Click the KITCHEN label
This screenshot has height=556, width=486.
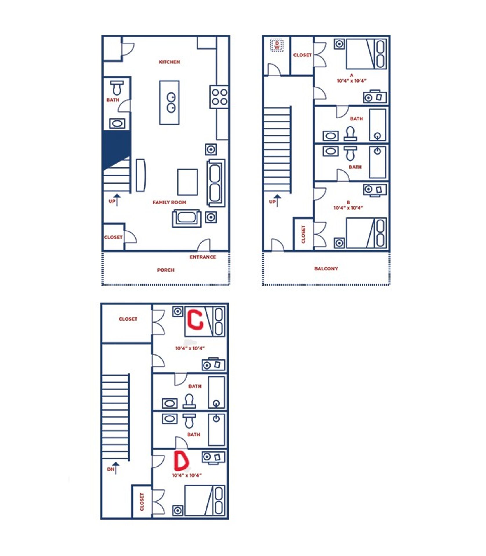[x=169, y=62]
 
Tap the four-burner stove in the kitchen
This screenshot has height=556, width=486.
[x=219, y=97]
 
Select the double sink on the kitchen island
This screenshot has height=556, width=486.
[x=171, y=103]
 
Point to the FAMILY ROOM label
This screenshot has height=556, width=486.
[x=169, y=202]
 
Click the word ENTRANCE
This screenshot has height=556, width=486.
[x=203, y=257]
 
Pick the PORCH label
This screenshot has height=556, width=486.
[x=166, y=270]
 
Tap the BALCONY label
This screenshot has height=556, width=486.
[x=326, y=269]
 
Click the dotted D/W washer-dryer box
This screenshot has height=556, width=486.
[x=277, y=45]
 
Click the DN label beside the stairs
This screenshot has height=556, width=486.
[x=110, y=469]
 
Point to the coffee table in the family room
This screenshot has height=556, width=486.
[x=188, y=182]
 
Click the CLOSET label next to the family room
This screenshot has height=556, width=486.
[x=113, y=237]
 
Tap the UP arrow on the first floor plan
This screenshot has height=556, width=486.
[x=117, y=200]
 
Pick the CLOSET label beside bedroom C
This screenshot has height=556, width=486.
[x=128, y=319]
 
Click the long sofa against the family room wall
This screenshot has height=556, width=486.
[x=216, y=183]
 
